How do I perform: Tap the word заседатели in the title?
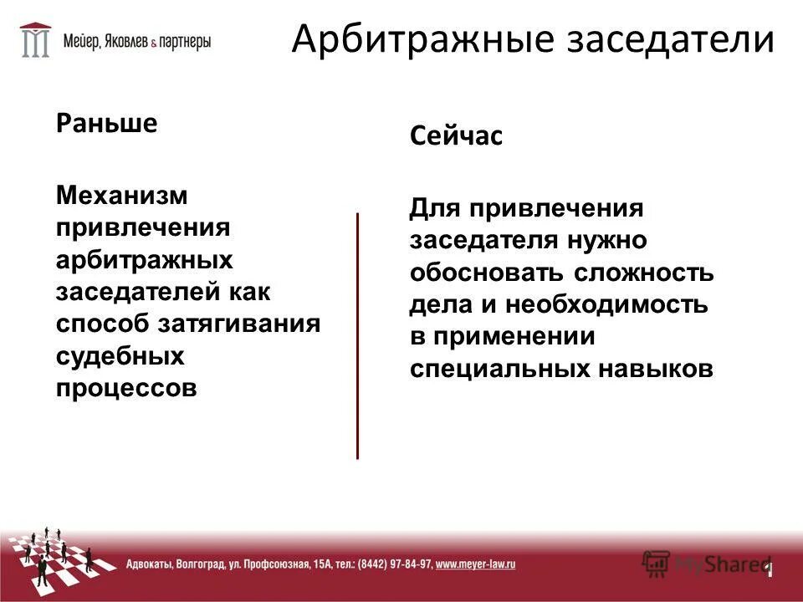point(658,38)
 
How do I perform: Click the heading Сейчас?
point(456,135)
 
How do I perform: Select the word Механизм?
point(122,195)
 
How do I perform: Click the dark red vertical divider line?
point(357,334)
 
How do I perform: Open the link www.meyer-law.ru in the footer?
point(475,564)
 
